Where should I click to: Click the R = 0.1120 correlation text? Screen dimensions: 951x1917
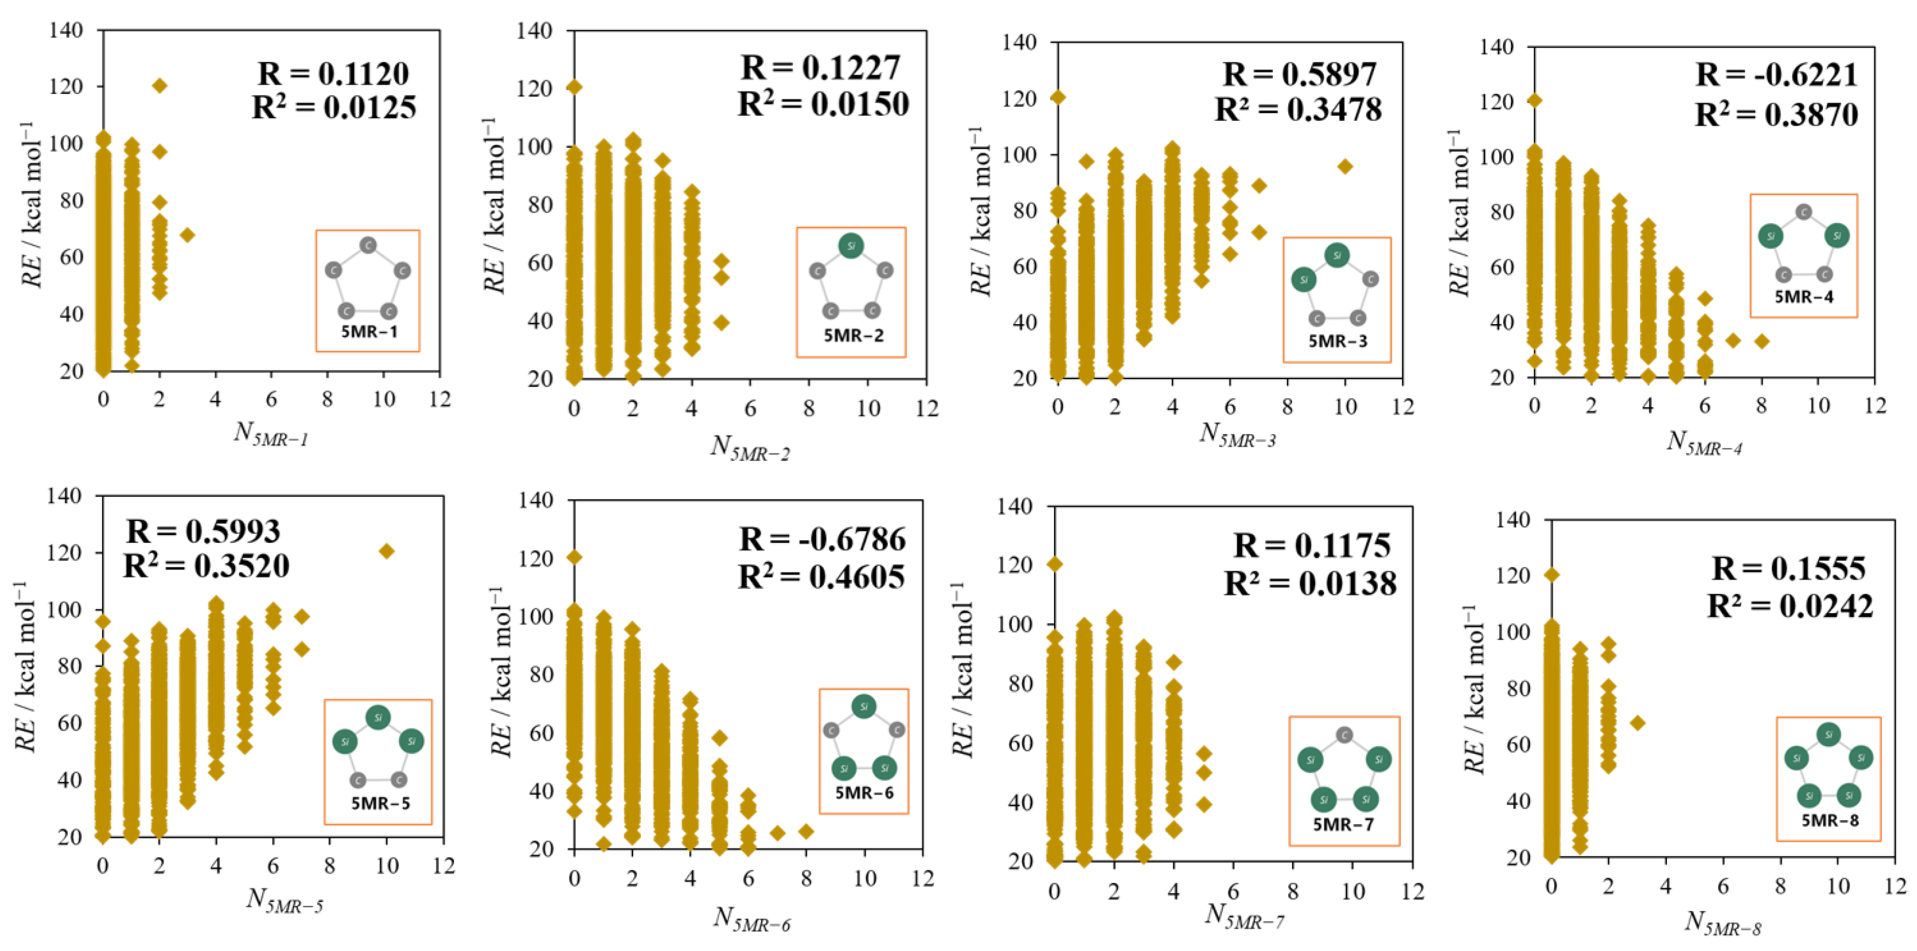[x=334, y=74]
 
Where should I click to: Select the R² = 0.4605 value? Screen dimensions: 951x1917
[x=822, y=577]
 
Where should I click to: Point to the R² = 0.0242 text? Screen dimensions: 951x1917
[x=1789, y=607]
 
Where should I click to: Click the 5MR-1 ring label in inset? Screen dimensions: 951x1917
[x=369, y=331]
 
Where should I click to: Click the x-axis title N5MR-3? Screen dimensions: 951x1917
[x=1238, y=435]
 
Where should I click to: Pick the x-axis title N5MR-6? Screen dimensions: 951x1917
[x=752, y=920]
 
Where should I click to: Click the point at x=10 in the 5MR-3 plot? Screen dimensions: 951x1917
[x=1345, y=166]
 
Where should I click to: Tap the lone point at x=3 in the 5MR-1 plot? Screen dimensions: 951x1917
[x=187, y=235]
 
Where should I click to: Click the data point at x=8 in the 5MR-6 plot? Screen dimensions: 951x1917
[x=806, y=831]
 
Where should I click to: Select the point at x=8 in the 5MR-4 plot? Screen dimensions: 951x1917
[x=1761, y=341]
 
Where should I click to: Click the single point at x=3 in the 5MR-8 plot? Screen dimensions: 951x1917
[x=1637, y=722]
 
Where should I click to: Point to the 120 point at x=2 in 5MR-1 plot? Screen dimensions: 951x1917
[x=159, y=86]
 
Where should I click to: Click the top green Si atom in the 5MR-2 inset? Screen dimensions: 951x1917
[x=851, y=246]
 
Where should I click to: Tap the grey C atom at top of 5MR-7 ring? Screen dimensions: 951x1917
[x=1344, y=735]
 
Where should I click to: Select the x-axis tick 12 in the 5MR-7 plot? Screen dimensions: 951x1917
[x=1412, y=891]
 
